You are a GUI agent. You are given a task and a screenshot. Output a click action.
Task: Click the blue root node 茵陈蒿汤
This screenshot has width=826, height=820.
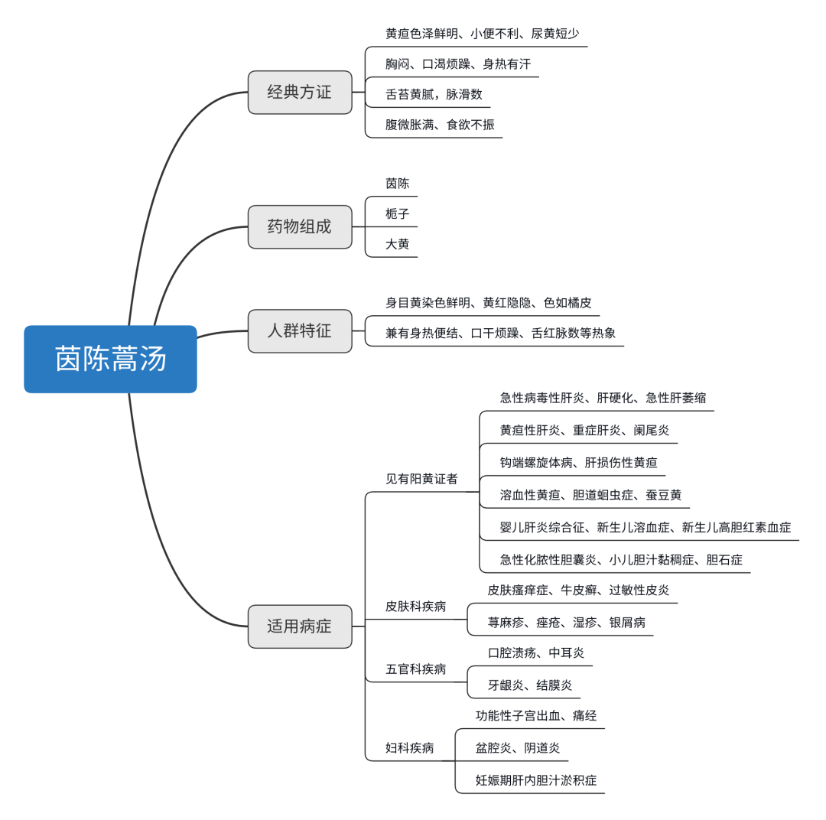tap(110, 359)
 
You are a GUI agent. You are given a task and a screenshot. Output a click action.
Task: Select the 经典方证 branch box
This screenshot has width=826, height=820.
tap(300, 93)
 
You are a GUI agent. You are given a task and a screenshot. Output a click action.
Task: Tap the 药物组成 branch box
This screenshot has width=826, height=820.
tap(300, 227)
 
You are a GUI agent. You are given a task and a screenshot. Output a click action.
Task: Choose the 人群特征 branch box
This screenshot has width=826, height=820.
tap(300, 331)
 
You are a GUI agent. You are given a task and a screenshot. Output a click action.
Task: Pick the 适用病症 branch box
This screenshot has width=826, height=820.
tap(300, 626)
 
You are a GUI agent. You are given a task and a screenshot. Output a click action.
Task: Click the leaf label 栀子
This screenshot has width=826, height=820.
tap(398, 214)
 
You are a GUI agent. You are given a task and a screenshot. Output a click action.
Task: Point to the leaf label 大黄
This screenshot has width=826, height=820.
tap(398, 245)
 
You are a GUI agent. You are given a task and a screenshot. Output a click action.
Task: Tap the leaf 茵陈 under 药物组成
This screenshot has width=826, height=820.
tap(398, 184)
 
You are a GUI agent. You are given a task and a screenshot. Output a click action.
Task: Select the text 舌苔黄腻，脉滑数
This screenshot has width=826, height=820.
tap(434, 95)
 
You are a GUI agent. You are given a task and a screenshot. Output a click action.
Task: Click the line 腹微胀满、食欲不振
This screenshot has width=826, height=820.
tap(440, 125)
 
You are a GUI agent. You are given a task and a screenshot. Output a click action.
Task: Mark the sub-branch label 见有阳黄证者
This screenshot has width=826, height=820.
tap(421, 480)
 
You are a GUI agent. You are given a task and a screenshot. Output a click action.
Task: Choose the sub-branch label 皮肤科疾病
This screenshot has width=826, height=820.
tap(415, 607)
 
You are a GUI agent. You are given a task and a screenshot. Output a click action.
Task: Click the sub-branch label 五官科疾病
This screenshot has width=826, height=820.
tap(415, 669)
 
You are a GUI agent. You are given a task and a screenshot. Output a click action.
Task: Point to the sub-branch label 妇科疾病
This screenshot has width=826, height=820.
tap(409, 748)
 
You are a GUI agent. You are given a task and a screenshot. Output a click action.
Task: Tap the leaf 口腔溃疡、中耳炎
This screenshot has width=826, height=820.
tap(536, 653)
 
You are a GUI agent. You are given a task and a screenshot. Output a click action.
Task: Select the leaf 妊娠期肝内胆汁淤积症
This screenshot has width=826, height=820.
tap(536, 781)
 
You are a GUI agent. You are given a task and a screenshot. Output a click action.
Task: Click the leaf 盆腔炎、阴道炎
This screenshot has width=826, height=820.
tap(518, 748)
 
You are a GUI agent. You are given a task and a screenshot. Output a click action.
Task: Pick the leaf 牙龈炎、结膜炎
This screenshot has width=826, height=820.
tap(530, 685)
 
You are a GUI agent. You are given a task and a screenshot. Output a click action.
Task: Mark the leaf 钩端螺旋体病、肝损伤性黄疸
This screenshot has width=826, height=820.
tap(578, 463)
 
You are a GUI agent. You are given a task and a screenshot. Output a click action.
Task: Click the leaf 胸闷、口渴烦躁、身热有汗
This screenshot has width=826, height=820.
tap(458, 64)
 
